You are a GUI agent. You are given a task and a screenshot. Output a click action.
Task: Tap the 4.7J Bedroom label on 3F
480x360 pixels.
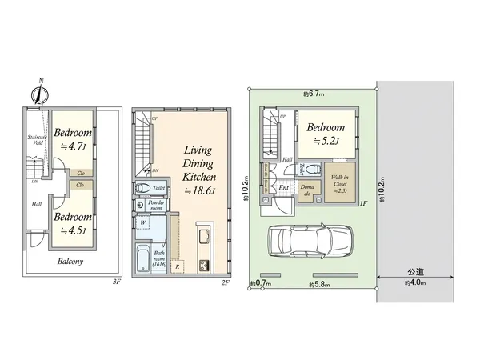point(73,139)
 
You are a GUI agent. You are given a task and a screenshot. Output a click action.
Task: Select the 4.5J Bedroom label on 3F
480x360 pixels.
point(73,221)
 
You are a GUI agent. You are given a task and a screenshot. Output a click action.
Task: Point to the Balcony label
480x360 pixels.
point(73,261)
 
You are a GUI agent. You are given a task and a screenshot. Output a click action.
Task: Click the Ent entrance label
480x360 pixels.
point(283,189)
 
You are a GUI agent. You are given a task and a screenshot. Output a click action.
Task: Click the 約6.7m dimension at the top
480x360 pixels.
point(313,94)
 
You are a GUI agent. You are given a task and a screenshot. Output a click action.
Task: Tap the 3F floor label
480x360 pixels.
point(116,282)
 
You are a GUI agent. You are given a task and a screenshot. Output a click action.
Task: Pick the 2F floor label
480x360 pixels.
point(225,282)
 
